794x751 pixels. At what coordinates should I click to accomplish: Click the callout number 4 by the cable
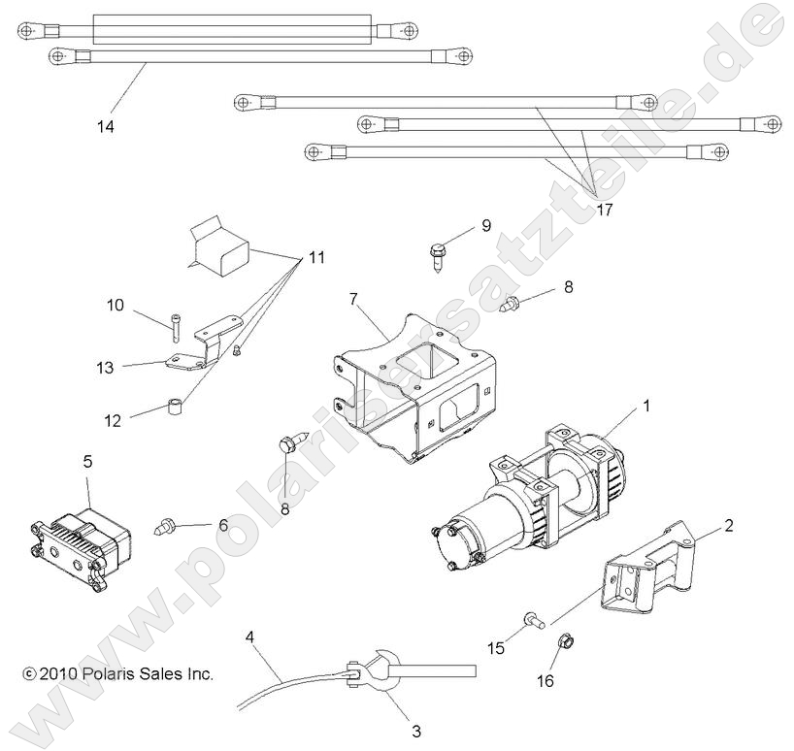click(x=250, y=637)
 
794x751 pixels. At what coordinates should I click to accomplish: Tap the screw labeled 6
click(x=167, y=529)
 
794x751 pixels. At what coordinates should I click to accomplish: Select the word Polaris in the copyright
click(x=115, y=673)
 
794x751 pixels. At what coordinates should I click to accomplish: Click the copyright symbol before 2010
click(x=28, y=673)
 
